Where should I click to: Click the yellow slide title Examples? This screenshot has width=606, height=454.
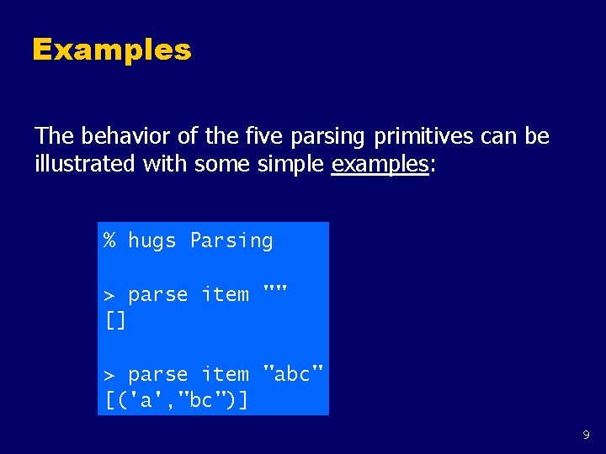point(112,50)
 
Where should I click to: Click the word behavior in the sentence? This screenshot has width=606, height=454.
point(116,136)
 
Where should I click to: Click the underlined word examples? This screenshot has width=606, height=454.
point(380,164)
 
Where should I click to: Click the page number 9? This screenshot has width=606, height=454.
point(586,436)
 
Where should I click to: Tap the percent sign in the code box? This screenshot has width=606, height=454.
point(110,240)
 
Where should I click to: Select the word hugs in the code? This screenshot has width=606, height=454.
point(152,241)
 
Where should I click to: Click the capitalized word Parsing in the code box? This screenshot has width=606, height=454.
point(231,241)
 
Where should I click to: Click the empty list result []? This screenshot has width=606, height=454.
point(115,320)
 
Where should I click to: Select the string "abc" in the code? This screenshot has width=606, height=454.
point(293,373)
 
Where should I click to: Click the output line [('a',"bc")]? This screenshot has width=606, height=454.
point(177,400)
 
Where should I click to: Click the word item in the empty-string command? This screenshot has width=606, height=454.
point(225,295)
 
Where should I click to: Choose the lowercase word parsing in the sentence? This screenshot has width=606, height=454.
point(327,136)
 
